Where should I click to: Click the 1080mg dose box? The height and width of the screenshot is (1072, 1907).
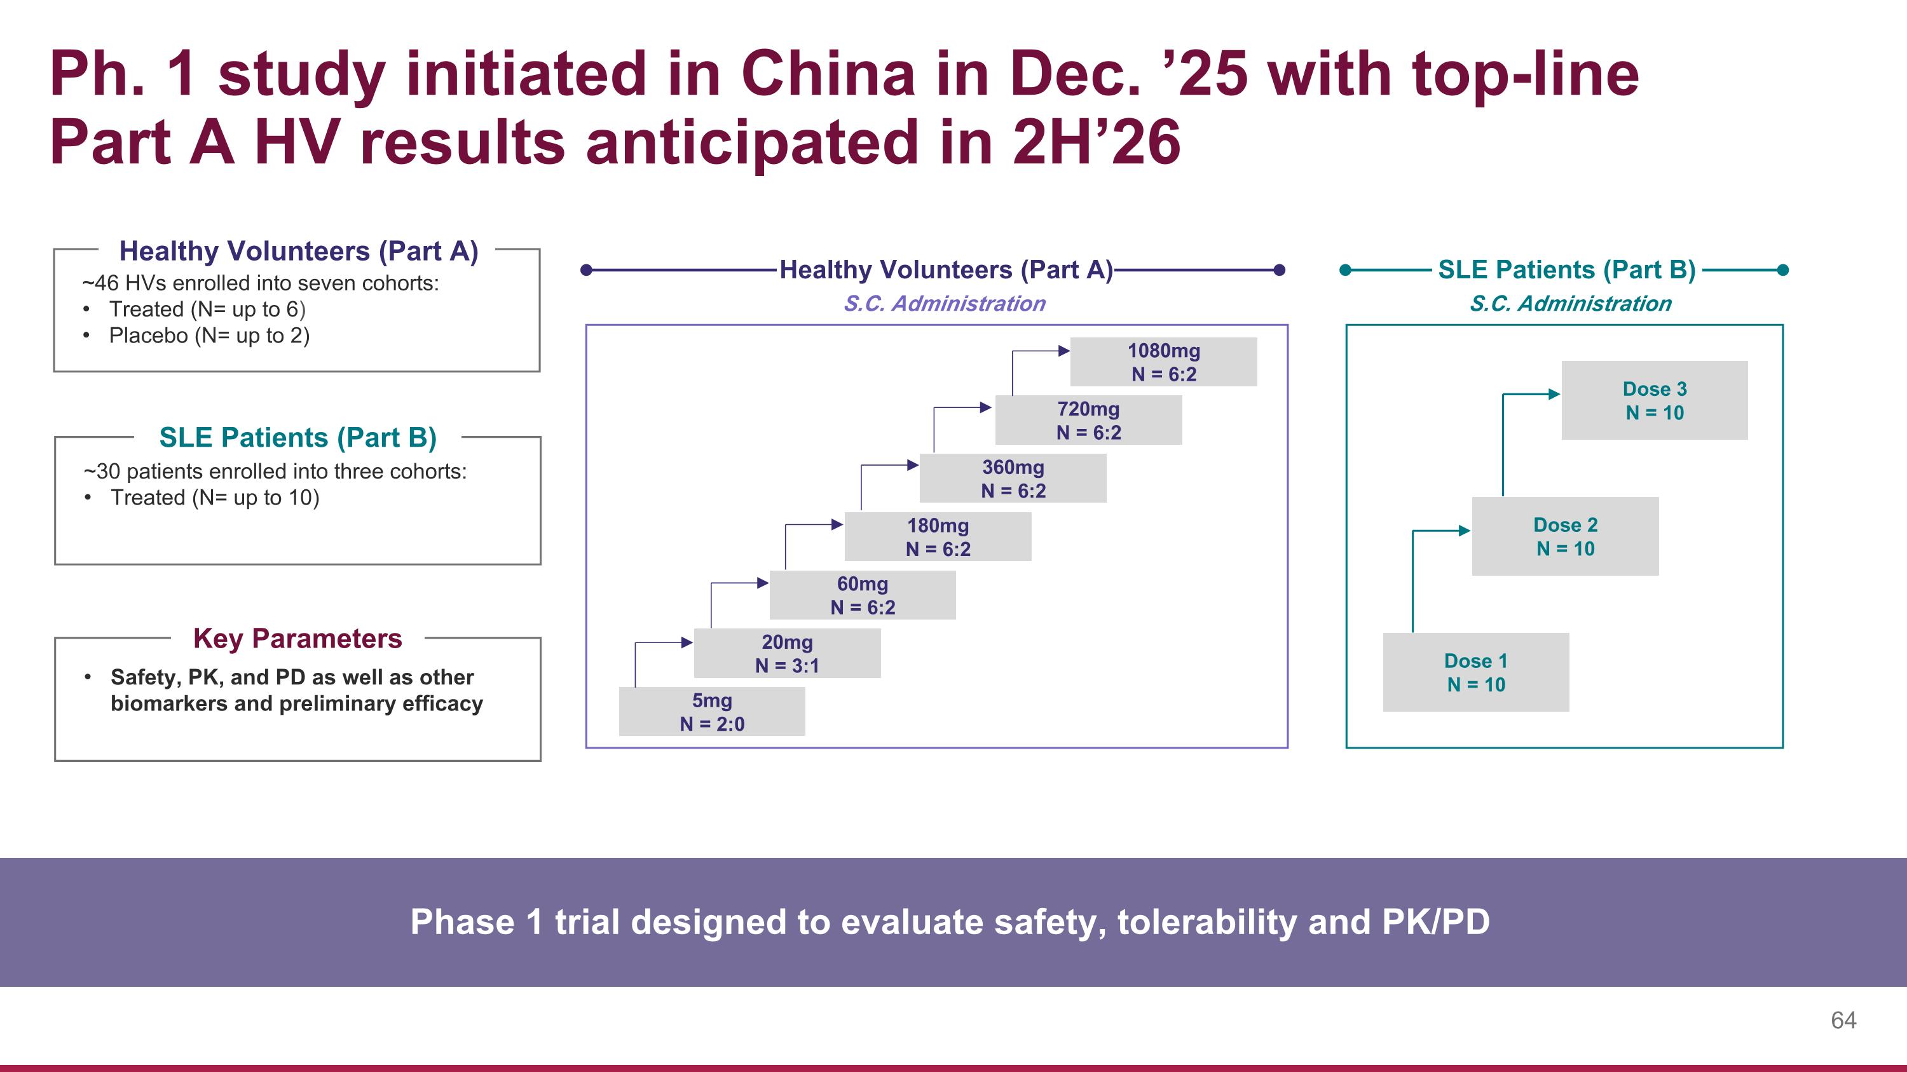click(1163, 362)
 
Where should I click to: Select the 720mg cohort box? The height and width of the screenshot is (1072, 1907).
click(1088, 420)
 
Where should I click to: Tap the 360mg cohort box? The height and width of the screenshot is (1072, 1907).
click(1013, 478)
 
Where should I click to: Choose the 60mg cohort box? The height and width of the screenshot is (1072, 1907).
click(863, 595)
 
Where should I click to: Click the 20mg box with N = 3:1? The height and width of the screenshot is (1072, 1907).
click(787, 653)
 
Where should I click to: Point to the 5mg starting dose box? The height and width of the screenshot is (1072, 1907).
click(711, 712)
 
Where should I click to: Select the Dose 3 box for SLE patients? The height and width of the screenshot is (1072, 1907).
click(1654, 400)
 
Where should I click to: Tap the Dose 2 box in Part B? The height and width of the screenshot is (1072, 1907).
click(1565, 536)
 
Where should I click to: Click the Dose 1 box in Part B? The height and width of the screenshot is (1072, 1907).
click(1475, 672)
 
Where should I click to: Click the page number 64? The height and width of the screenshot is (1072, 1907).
click(1843, 1021)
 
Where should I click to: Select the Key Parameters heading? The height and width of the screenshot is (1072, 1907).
click(297, 639)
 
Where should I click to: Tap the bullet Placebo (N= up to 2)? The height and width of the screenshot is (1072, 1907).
click(208, 336)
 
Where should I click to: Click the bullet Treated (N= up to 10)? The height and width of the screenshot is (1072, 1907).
click(215, 498)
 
